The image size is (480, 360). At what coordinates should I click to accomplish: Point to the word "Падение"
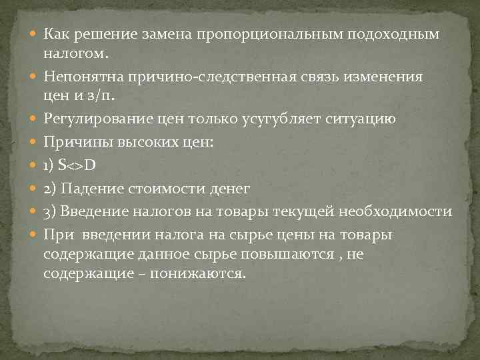point(87,189)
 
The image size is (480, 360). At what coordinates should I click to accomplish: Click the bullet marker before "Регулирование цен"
point(33,119)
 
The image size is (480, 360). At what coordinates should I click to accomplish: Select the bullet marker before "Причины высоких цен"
point(33,142)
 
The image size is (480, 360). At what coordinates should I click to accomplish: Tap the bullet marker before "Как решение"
point(33,34)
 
